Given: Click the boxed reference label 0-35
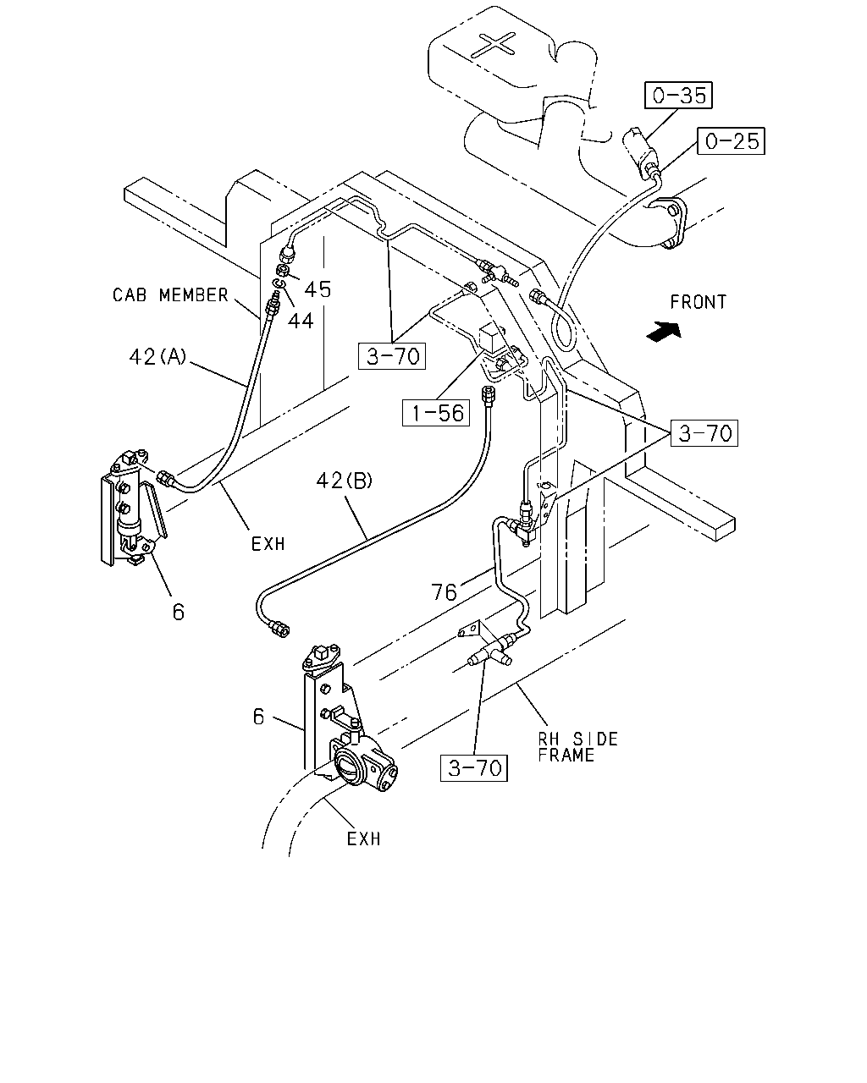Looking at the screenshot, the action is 678,95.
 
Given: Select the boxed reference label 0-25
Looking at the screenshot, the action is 731,141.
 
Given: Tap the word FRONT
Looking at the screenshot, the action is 698,302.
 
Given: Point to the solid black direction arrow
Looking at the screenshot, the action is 664,332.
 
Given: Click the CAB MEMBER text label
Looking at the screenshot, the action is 170,295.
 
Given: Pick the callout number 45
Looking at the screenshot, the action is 318,289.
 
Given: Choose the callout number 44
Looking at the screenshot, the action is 301,321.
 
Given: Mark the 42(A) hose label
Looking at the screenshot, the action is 157,357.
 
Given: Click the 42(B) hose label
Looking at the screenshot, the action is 344,481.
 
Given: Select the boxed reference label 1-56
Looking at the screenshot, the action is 436,413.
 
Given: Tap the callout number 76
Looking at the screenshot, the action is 444,592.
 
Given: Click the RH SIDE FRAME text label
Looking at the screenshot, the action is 577,747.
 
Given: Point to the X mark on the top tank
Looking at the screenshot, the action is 496,44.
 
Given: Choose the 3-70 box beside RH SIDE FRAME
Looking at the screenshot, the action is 473,768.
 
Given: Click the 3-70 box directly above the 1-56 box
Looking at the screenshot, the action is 392,356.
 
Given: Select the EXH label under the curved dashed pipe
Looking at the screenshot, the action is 364,839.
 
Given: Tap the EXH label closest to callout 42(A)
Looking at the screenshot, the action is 268,544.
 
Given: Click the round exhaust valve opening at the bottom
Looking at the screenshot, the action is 351,766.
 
